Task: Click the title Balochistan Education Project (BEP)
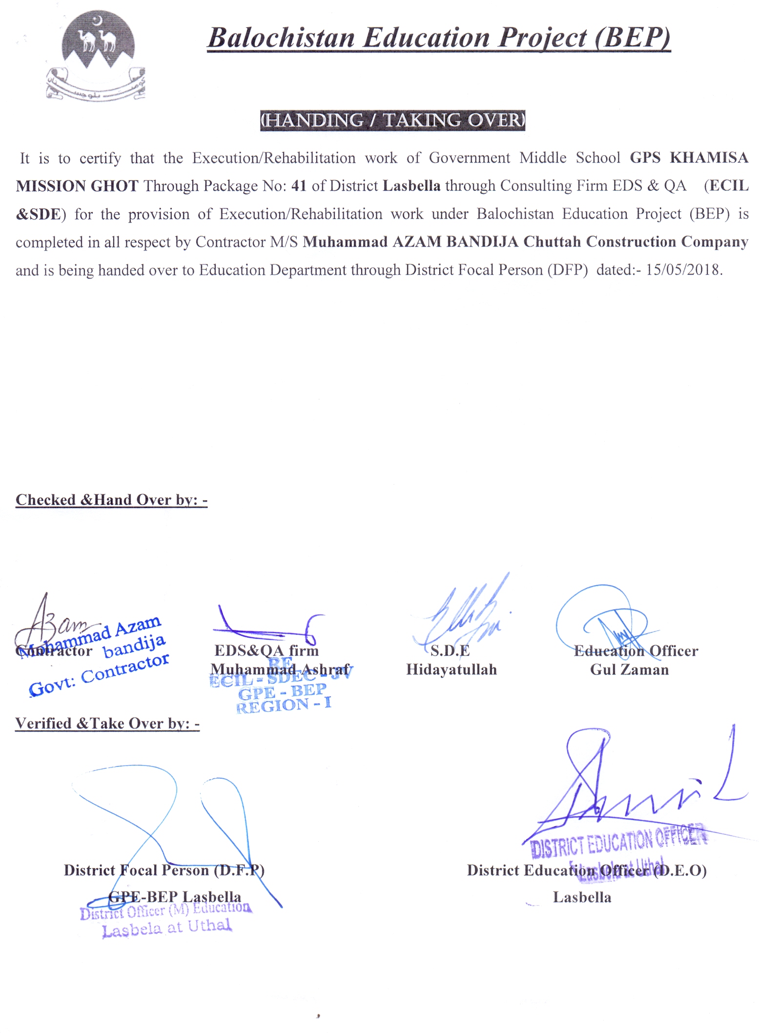439,38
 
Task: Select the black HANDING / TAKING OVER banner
392,120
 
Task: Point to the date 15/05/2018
684,270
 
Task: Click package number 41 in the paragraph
299,186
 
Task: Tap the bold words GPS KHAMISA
689,158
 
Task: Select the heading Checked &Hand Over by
111,500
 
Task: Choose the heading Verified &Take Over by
107,723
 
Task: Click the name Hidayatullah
451,669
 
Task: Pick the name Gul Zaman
629,669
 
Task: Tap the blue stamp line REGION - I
284,705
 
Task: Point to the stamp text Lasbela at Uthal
167,927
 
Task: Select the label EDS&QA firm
267,650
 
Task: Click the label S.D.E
450,650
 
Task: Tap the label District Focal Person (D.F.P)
164,870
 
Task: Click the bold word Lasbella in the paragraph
411,186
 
